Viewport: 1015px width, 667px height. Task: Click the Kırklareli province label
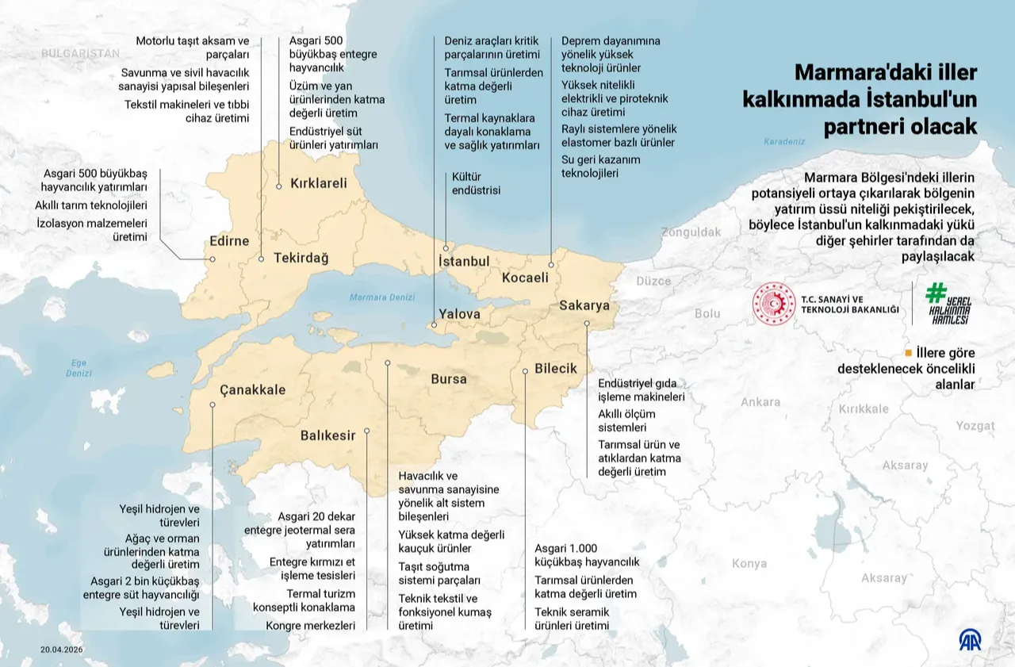(x=319, y=183)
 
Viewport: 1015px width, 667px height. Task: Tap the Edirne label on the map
(x=229, y=241)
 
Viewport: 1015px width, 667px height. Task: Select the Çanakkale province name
(x=252, y=389)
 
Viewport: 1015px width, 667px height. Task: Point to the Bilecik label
(x=556, y=369)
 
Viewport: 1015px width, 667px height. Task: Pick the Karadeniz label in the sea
(x=783, y=141)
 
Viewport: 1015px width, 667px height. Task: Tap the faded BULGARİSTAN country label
(x=80, y=53)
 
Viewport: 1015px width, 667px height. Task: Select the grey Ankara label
(x=760, y=402)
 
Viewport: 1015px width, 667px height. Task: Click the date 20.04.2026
(x=62, y=650)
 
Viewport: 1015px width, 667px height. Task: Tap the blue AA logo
(x=970, y=639)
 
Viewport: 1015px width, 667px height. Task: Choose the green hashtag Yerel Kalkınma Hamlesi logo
(x=948, y=304)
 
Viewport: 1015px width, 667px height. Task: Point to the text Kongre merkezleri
(x=311, y=625)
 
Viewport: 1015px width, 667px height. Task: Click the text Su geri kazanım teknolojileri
(x=601, y=166)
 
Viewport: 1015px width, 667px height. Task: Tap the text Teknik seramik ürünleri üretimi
(x=572, y=619)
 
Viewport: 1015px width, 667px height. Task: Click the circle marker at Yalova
(x=433, y=324)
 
